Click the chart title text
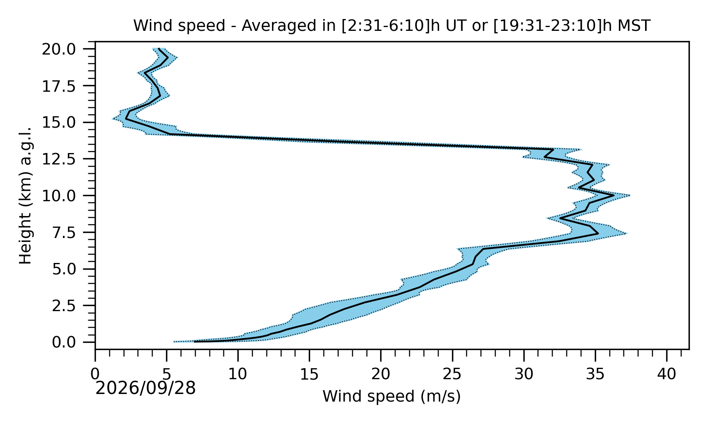click(x=392, y=26)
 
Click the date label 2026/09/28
click(x=145, y=388)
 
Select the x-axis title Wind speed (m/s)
click(x=392, y=396)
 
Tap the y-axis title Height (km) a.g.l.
click(x=25, y=196)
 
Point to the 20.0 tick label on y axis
click(x=59, y=49)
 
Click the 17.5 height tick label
click(x=59, y=86)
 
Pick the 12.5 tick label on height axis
click(x=59, y=159)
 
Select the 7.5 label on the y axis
click(x=64, y=233)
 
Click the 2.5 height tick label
click(x=64, y=306)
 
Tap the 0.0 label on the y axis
click(x=64, y=342)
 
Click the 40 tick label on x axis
click(x=667, y=375)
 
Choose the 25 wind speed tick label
click(x=452, y=375)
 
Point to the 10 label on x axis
click(x=238, y=375)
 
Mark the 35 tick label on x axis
click(x=595, y=375)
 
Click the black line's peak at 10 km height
click(x=614, y=195)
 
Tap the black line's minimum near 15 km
click(x=126, y=119)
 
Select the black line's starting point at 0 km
click(x=194, y=342)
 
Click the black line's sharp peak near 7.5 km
click(x=598, y=234)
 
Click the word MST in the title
click(x=634, y=26)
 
